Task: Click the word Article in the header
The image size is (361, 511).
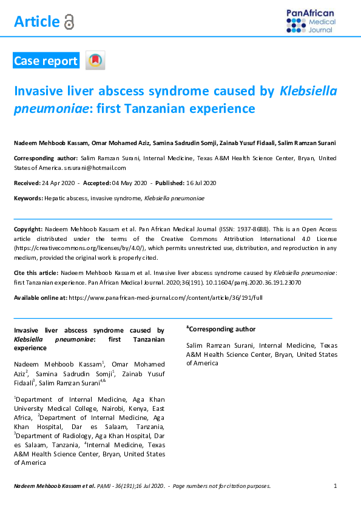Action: pos(36,22)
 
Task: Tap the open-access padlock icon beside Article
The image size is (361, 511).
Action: pos(69,22)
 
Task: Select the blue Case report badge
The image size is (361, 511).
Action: pos(46,61)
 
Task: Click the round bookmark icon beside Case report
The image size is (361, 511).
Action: pos(95,60)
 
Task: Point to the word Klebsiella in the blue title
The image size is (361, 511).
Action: pos(308,92)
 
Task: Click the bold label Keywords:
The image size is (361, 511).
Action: pos(28,198)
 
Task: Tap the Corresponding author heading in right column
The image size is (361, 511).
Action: pos(221,329)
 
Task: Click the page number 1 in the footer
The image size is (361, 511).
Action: pos(336,486)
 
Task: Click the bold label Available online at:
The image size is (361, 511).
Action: pos(41,298)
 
